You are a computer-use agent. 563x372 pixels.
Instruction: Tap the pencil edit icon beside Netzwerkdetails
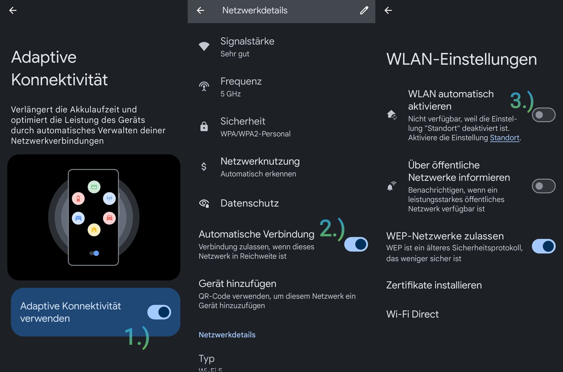364,10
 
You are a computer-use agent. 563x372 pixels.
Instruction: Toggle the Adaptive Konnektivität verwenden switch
159,312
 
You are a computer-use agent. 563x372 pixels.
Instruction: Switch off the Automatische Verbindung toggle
356,244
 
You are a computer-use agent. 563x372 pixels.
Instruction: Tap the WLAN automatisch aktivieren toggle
544,115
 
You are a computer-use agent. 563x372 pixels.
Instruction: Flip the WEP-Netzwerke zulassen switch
544,246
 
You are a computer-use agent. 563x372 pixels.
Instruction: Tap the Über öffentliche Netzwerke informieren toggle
544,186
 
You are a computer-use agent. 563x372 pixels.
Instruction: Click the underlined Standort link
505,138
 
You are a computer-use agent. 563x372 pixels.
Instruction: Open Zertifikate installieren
434,285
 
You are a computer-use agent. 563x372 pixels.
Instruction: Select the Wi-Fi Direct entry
413,314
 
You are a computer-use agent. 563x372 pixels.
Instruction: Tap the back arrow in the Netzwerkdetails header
201,11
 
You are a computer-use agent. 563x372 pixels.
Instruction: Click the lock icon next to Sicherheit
204,126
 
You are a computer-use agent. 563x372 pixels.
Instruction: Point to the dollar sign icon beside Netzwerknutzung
204,166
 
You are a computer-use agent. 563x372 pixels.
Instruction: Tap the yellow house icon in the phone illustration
94,230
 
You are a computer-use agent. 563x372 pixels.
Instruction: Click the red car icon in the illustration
109,218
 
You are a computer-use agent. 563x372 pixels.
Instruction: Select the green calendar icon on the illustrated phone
94,187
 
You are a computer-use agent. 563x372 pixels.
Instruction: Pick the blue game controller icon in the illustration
78,218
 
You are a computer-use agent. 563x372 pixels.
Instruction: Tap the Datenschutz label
250,203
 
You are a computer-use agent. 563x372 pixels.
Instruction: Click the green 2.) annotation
332,229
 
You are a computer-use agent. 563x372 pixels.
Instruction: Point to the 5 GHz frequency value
230,94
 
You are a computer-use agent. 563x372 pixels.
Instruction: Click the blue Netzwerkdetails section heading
227,335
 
